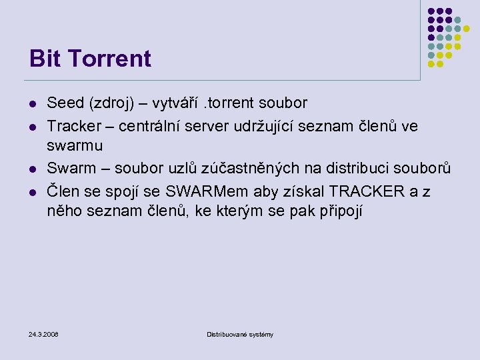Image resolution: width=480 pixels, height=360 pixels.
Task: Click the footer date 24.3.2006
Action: tap(44, 333)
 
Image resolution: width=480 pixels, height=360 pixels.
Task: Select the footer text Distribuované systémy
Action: tap(240, 333)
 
